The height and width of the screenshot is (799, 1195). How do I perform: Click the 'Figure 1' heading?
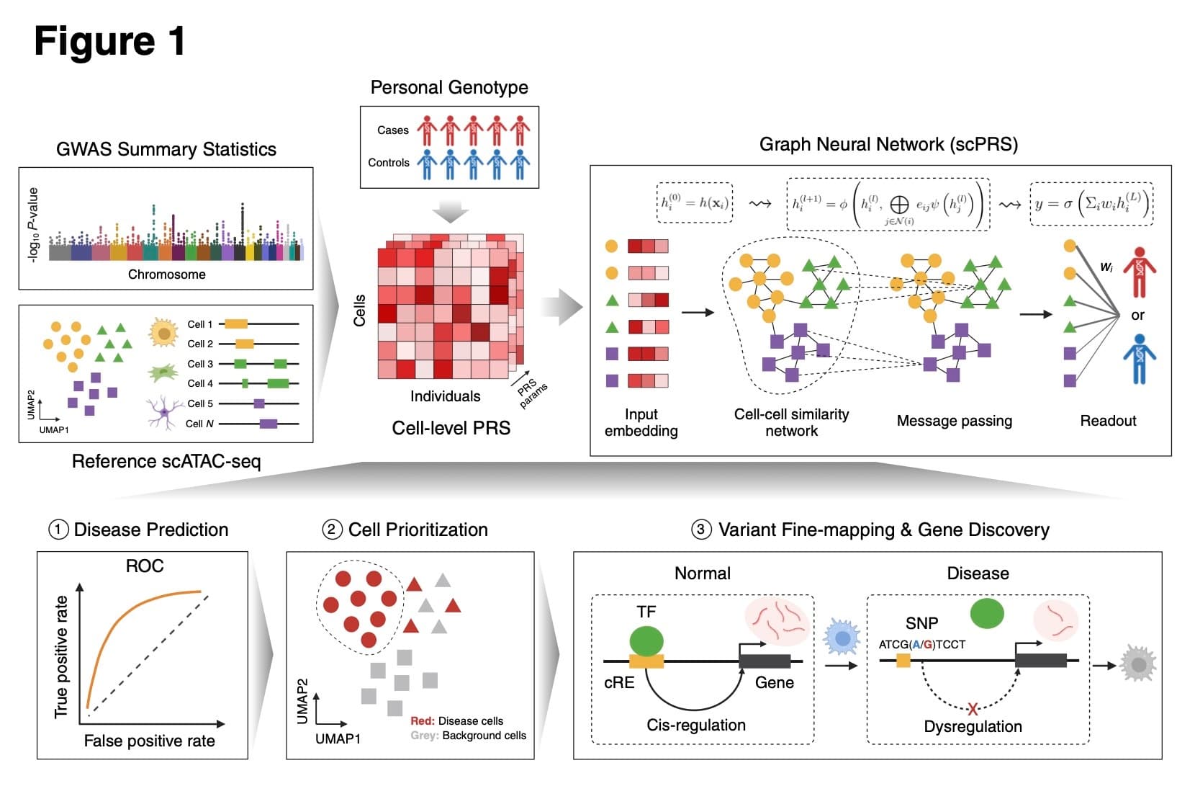point(109,41)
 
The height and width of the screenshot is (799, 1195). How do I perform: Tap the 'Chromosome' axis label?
point(166,274)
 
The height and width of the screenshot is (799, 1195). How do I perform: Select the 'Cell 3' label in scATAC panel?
point(200,364)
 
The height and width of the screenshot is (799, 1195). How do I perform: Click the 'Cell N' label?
point(199,424)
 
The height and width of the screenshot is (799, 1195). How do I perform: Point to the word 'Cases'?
point(392,130)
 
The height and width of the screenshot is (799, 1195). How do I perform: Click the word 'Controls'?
point(388,163)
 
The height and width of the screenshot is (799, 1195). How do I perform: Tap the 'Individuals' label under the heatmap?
point(445,396)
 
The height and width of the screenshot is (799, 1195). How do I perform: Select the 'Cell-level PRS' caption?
point(451,428)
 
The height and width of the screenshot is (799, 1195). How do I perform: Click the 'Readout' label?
point(1107,421)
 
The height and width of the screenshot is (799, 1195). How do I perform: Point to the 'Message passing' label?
point(954,421)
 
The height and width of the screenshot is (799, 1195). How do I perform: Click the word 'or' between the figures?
point(1137,315)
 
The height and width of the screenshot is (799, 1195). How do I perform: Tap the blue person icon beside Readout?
point(1139,358)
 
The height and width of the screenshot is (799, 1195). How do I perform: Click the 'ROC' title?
point(144,566)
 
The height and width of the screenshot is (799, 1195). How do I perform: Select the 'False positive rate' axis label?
point(149,741)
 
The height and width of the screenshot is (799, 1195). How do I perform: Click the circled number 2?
point(331,530)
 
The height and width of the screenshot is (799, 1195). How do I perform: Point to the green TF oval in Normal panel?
point(646,641)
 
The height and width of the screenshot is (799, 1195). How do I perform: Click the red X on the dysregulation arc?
point(973,708)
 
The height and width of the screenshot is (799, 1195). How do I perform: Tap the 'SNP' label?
point(921,623)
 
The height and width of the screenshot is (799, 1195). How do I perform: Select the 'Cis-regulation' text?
point(695,725)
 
